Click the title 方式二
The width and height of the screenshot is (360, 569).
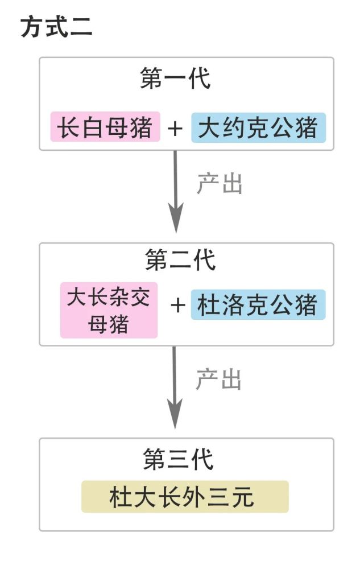pos(56,27)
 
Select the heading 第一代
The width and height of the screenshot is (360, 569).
pos(175,78)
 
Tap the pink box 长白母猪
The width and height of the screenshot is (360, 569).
pos(105,127)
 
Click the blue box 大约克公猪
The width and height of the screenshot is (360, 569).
pos(259,127)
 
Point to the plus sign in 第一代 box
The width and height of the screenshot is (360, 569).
pos(175,129)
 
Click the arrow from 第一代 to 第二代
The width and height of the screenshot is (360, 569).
pos(176,192)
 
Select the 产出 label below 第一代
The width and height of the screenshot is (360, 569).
pos(220,184)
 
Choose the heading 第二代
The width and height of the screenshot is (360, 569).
pos(180,260)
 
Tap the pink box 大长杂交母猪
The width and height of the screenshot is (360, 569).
pos(109,310)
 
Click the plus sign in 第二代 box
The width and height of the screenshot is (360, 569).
pos(177,305)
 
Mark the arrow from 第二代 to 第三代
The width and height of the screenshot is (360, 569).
pos(175,387)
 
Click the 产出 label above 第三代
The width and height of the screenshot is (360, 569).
pos(218,380)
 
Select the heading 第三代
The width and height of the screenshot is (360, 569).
pos(178,459)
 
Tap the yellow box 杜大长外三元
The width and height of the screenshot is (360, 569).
pos(185,496)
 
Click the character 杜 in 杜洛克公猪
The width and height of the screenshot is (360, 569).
pos(209,305)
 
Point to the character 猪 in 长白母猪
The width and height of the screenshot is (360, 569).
pos(140,127)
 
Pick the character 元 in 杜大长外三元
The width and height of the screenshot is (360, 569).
pos(242,497)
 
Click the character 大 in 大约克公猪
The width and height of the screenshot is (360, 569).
pos(209,127)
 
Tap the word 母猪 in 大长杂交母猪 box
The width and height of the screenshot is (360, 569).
pos(109,324)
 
